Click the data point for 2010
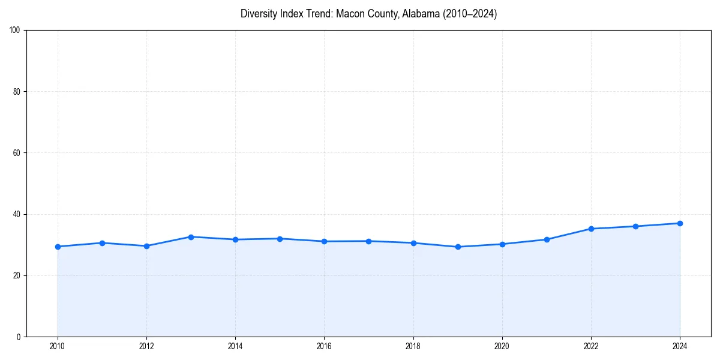(58, 247)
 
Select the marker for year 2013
(191, 237)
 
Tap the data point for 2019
(458, 247)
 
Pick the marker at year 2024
(680, 223)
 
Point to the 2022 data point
(591, 229)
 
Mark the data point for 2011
(102, 243)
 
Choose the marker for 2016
(324, 241)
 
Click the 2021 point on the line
(547, 239)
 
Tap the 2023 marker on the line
(635, 226)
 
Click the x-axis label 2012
(146, 346)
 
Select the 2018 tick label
(413, 346)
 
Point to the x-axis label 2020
(502, 346)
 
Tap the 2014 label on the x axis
(235, 346)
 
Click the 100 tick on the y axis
(16, 31)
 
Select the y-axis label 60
(17, 153)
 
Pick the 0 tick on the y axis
(19, 337)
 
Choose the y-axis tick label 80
(17, 92)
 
